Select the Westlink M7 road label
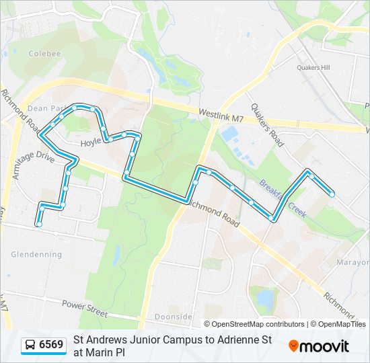tap(221, 116)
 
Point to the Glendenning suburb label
tap(36, 255)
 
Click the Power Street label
tap(84, 305)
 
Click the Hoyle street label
tap(91, 143)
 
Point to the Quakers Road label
tap(267, 121)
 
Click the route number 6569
tap(51, 345)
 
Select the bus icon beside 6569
tap(31, 346)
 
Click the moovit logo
tap(319, 346)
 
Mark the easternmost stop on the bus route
tap(332, 194)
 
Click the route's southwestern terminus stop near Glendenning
tap(40, 224)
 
